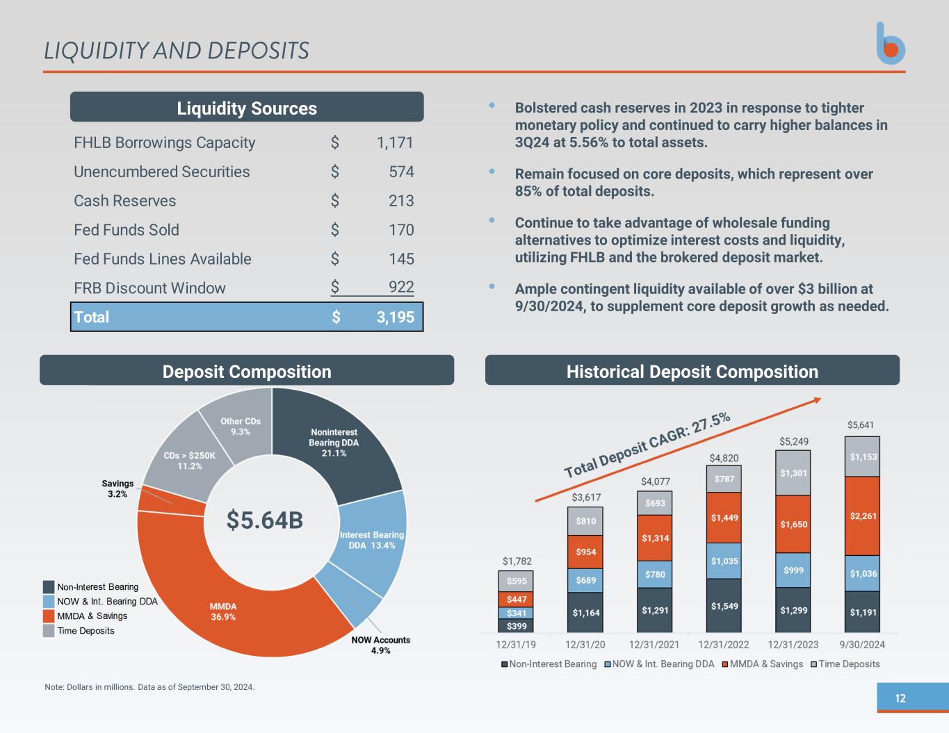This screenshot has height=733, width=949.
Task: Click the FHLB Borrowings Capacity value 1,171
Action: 394,142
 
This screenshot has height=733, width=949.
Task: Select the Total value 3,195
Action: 395,318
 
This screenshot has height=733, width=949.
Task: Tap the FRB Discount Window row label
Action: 149,288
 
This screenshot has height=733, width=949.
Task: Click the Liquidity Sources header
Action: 247,108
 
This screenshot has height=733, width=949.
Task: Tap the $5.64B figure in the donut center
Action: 265,520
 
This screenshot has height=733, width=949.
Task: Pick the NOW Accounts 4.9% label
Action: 380,645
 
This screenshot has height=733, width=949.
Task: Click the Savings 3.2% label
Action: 117,488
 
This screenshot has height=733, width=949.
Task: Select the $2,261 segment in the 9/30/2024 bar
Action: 863,516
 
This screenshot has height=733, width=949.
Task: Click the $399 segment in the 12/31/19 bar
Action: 516,626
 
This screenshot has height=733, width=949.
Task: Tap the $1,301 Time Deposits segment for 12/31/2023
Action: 793,473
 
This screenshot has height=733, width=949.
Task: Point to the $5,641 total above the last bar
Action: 861,425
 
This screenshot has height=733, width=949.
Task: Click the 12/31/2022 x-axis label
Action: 724,645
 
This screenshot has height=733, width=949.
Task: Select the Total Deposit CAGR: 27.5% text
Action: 647,445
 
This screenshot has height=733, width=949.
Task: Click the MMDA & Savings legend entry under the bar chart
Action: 762,664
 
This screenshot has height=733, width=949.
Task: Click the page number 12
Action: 900,698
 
